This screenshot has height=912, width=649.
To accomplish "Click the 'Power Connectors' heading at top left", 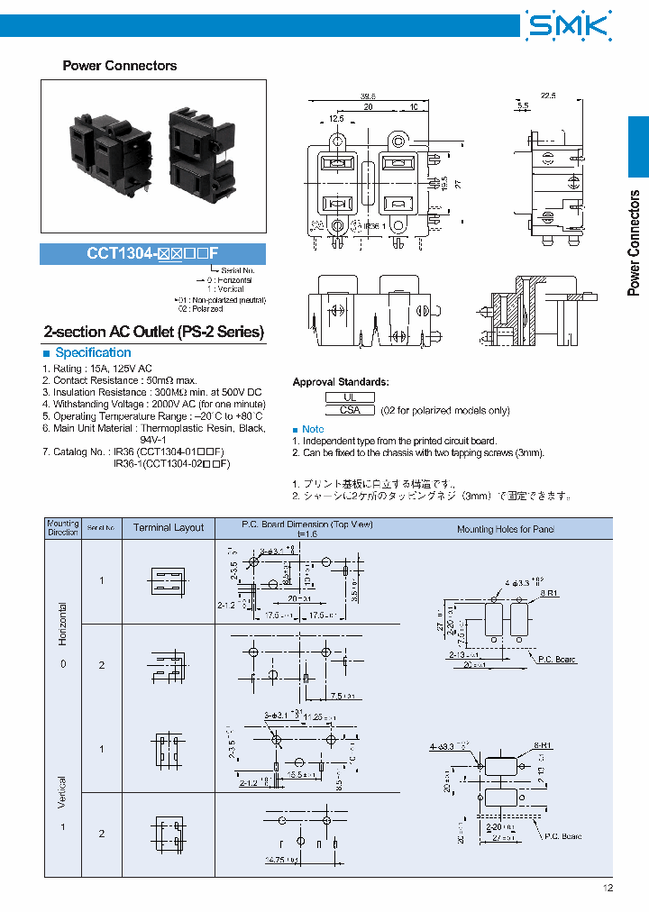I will [x=119, y=66].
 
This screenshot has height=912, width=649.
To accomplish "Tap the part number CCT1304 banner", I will [x=152, y=254].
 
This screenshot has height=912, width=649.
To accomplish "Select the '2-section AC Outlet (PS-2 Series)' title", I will [x=154, y=332].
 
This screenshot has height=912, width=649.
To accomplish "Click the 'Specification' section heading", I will [x=93, y=352].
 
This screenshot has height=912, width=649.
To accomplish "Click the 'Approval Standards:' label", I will [x=341, y=382].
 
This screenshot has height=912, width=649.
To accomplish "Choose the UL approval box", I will [x=350, y=397].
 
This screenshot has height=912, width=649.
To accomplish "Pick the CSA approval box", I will [x=350, y=410].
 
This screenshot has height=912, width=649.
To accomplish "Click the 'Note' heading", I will [x=313, y=429].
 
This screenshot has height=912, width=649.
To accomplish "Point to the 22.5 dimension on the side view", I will [x=547, y=94].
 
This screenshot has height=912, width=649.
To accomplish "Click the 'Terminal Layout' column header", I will [x=169, y=528].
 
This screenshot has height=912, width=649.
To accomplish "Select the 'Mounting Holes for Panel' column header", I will [x=506, y=529].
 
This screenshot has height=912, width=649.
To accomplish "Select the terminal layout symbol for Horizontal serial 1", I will [x=169, y=579].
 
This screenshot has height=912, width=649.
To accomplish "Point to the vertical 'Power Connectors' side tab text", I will [x=635, y=243].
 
